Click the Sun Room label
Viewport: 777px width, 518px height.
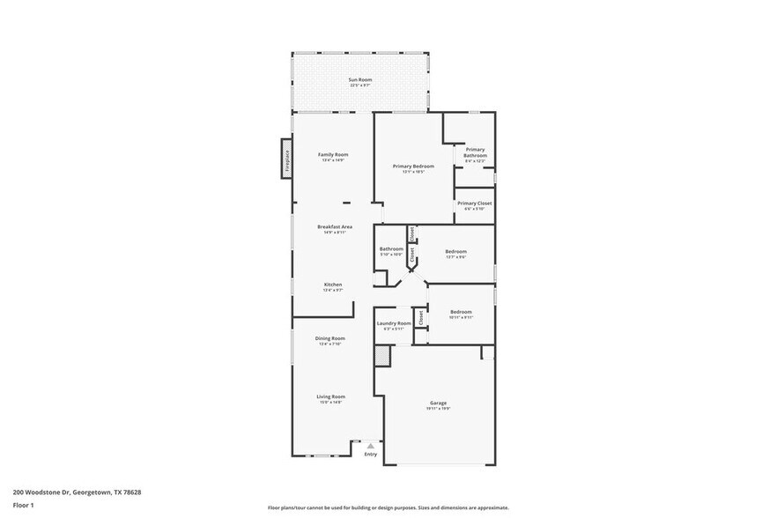coord(360,80)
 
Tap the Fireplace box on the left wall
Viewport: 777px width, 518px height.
coord(286,159)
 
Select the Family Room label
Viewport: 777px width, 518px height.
coord(333,155)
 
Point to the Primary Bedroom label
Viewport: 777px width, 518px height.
coord(413,166)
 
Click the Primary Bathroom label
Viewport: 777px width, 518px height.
coord(475,152)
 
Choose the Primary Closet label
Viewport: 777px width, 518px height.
coord(474,203)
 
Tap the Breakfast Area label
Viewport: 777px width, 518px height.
coord(335,227)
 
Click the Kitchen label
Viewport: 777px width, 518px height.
coord(332,285)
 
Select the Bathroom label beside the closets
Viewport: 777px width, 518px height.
coord(391,249)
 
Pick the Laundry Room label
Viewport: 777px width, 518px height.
coord(394,323)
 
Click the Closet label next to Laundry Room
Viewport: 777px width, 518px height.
coord(421,318)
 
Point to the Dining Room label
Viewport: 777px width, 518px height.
coord(330,338)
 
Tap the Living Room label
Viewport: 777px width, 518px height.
coord(330,396)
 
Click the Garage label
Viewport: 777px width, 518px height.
coord(438,403)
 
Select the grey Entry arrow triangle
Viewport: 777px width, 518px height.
coord(371,447)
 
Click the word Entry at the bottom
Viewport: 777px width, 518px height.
coord(371,454)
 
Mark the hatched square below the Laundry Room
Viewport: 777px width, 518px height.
coord(381,355)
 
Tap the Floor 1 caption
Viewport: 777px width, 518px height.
coord(24,505)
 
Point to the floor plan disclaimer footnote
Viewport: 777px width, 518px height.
coord(388,507)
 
